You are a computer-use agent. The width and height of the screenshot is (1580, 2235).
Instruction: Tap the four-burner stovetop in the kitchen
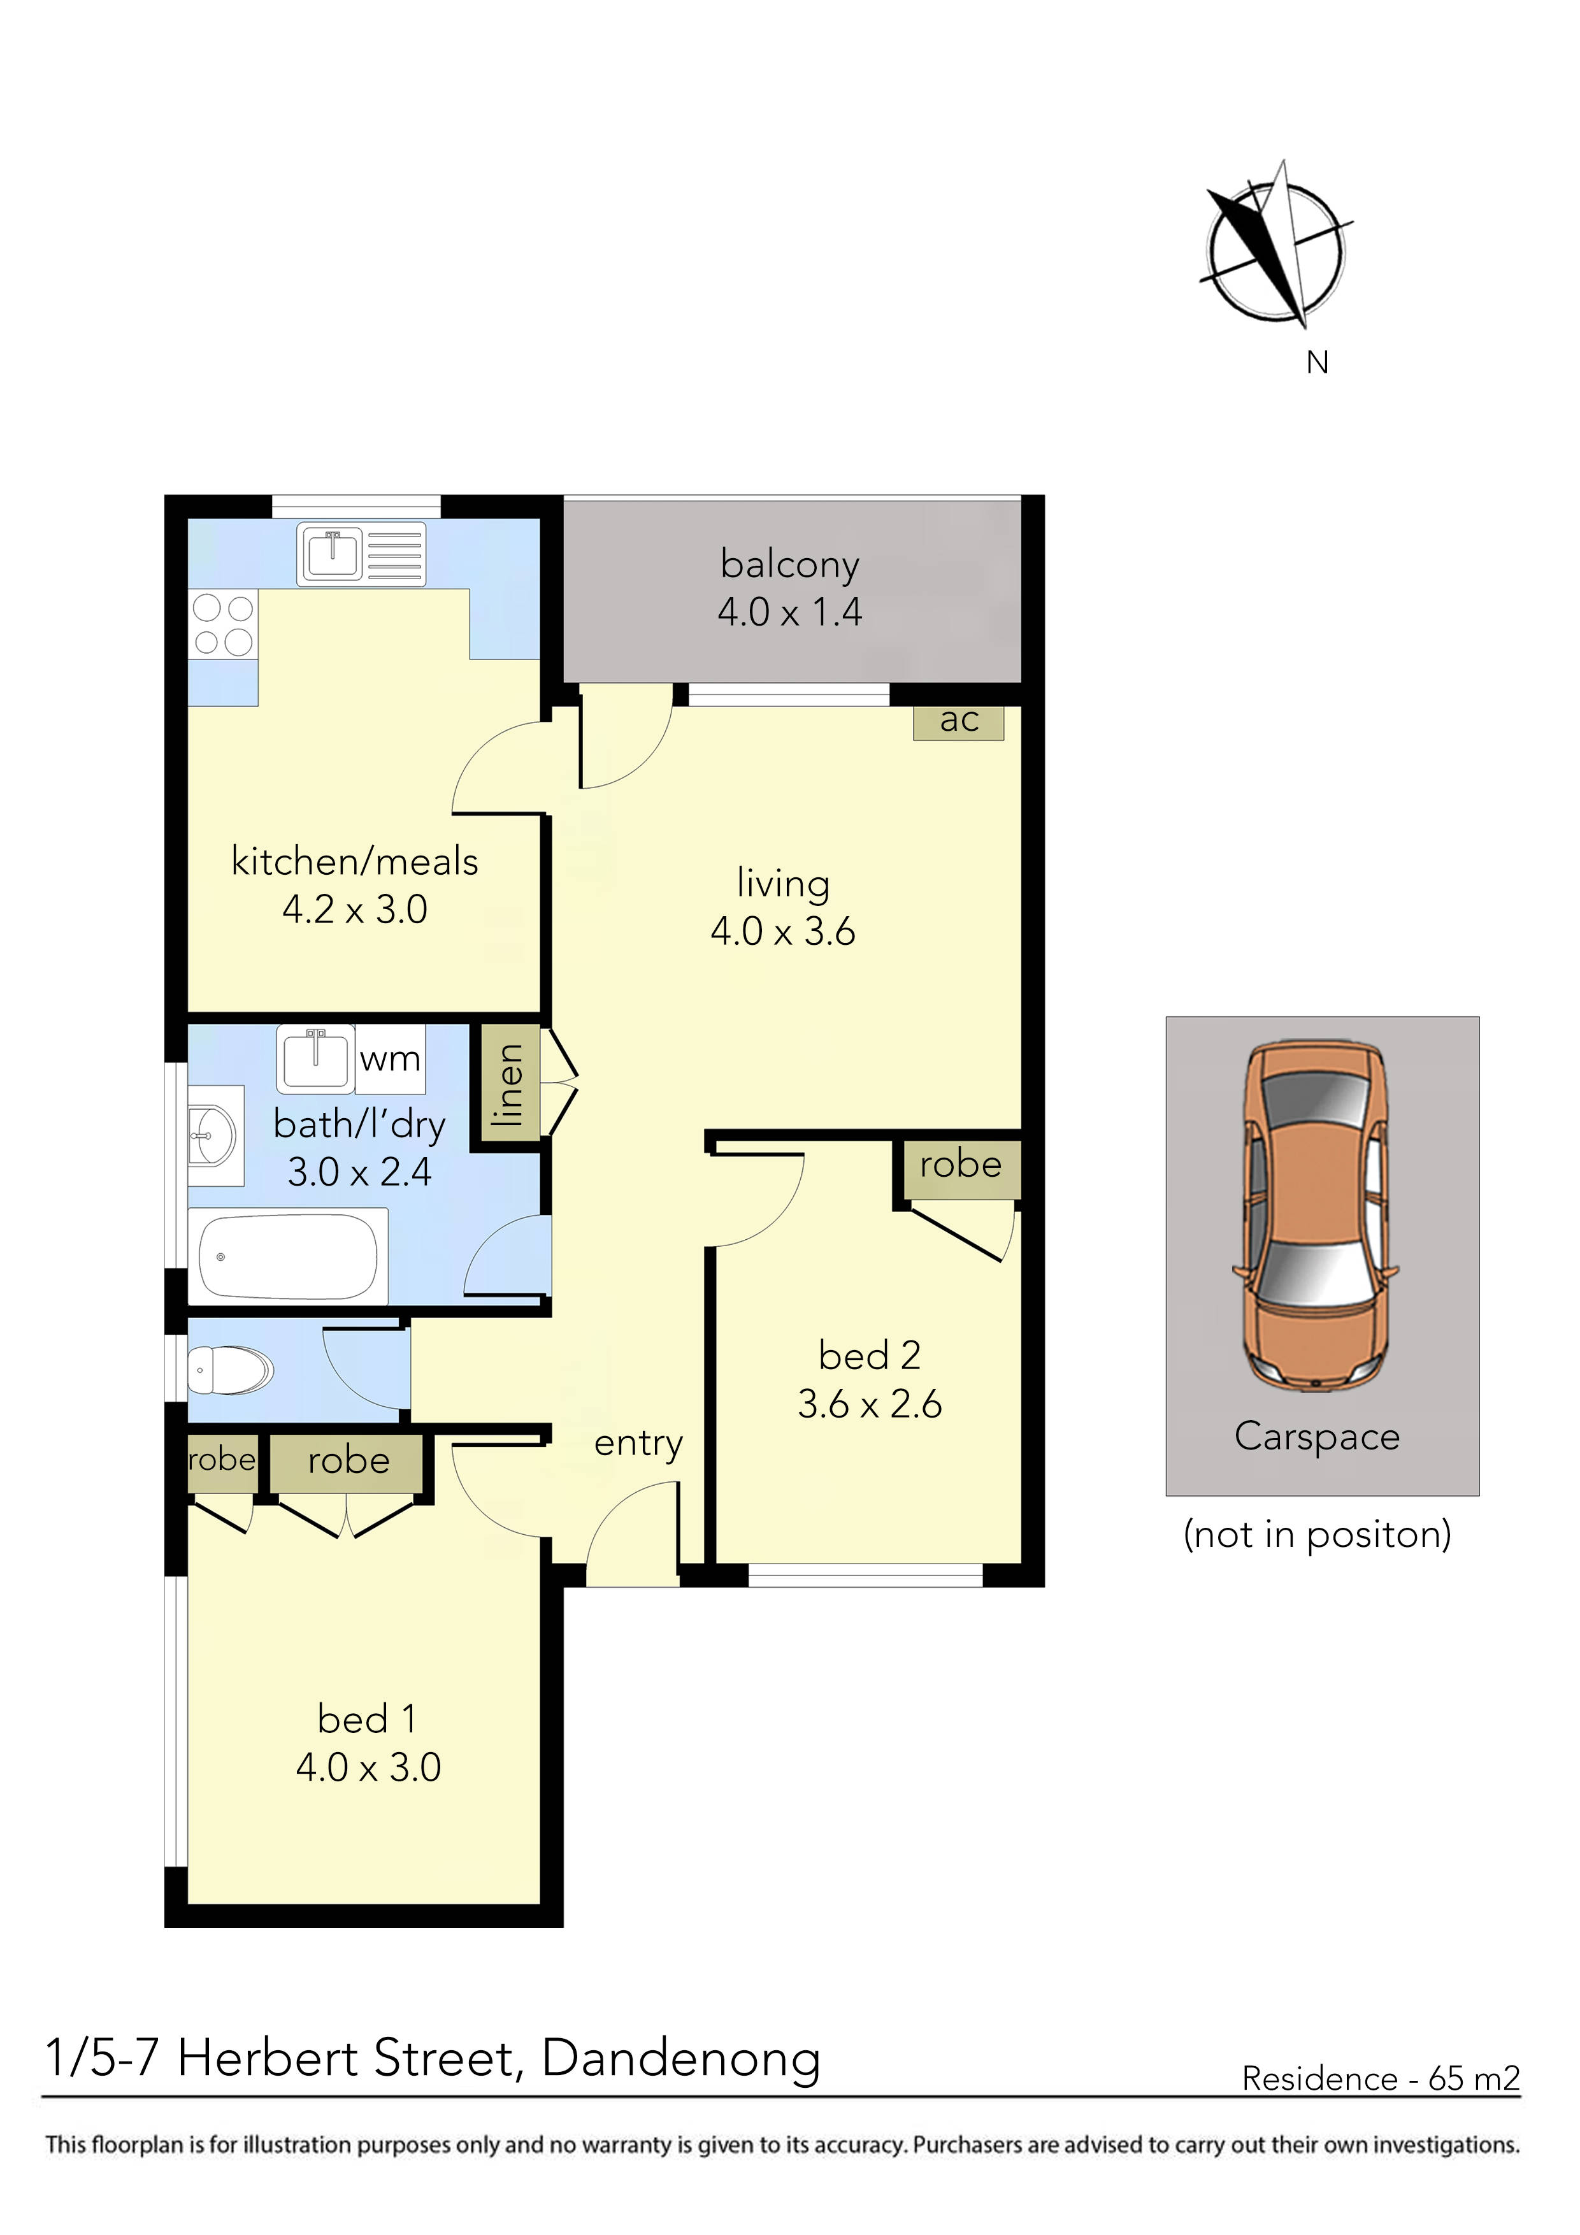223,625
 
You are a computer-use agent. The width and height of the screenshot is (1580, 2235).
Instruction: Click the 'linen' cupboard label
508,1084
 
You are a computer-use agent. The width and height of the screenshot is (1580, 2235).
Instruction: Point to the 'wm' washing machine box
389,1058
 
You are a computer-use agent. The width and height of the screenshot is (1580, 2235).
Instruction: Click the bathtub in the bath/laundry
288,1256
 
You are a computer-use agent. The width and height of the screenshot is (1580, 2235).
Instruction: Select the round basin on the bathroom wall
212,1135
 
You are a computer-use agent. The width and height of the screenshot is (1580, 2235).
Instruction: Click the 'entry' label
638,1442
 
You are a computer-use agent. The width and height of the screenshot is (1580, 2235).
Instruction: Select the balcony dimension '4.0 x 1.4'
789,612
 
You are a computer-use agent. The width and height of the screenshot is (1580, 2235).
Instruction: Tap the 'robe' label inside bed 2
960,1164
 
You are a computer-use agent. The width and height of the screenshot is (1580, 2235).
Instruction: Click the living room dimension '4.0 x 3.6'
783,931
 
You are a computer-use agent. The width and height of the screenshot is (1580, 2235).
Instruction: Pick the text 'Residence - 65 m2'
1379,2078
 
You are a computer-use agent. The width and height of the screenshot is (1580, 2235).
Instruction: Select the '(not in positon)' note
1316,1534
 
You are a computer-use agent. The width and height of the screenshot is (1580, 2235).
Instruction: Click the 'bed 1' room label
367,1719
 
